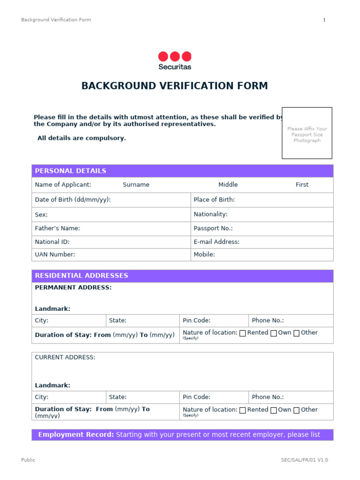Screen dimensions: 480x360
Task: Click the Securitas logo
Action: point(175,60)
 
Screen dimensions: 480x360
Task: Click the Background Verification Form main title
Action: point(174,86)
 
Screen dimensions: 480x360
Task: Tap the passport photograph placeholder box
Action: point(307,133)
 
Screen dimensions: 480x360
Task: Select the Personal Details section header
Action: point(71,171)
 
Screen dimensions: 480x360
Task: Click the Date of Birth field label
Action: point(73,200)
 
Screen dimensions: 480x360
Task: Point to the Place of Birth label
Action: point(214,200)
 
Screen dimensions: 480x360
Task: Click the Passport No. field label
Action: point(213,228)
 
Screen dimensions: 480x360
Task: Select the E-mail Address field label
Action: point(217,242)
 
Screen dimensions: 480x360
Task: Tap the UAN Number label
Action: point(55,255)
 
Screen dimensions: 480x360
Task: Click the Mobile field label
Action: point(204,255)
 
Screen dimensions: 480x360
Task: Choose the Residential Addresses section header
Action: point(82,276)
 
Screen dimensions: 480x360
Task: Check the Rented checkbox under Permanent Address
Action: point(243,333)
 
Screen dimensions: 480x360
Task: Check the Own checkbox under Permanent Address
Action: point(274,333)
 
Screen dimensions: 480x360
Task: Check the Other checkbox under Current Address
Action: point(297,410)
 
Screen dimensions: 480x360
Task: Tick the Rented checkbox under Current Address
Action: point(243,410)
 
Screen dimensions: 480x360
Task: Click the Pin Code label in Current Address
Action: point(196,397)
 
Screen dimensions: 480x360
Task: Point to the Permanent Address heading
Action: point(73,287)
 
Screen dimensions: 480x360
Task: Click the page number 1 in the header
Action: point(324,20)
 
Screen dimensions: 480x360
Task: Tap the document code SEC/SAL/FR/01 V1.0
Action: point(304,460)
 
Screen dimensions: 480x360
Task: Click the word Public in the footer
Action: point(28,460)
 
